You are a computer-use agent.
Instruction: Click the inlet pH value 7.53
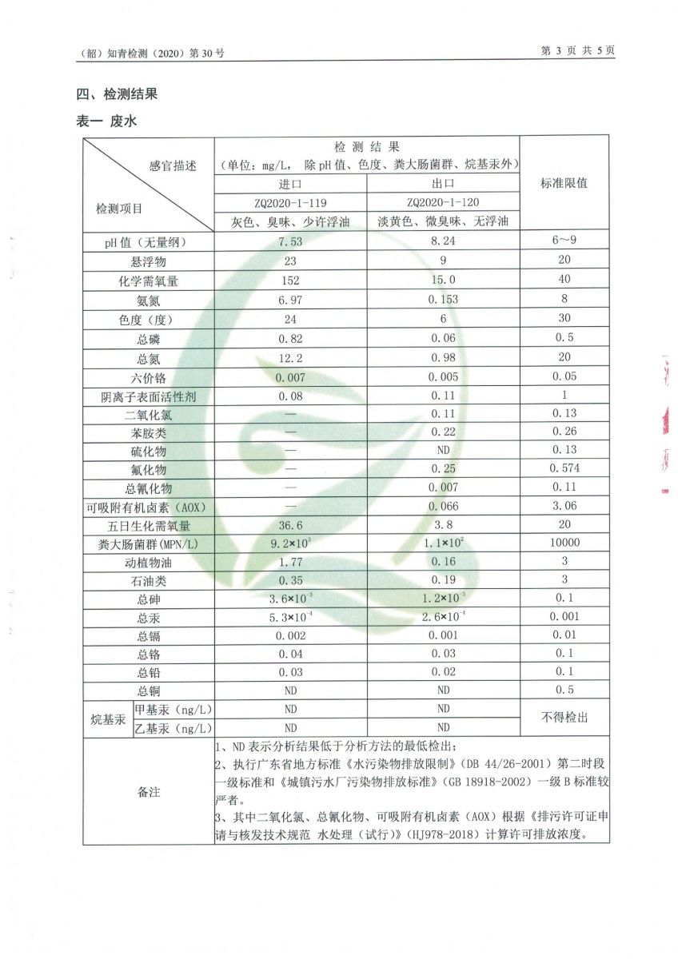(x=289, y=241)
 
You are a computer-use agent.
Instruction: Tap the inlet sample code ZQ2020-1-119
(x=290, y=202)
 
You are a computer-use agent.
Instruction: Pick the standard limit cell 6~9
(x=564, y=241)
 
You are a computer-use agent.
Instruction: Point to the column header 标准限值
(x=564, y=183)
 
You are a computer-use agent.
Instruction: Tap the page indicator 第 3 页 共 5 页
(x=578, y=50)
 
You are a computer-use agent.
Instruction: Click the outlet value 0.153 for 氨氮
(x=443, y=300)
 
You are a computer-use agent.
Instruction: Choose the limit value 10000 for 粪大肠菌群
(x=564, y=543)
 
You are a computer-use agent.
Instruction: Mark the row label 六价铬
(x=149, y=377)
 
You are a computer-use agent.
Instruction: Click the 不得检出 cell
(x=564, y=718)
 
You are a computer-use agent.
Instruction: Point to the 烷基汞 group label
(x=107, y=718)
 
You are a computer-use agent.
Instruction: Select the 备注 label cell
(x=149, y=791)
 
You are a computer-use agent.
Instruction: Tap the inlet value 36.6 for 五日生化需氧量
(x=289, y=525)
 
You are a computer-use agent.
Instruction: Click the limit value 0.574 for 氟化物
(x=564, y=468)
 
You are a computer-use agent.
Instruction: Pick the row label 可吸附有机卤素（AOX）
(x=149, y=507)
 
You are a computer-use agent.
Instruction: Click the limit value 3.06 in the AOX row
(x=564, y=507)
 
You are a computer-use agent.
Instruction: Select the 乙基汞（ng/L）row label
(x=173, y=728)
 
